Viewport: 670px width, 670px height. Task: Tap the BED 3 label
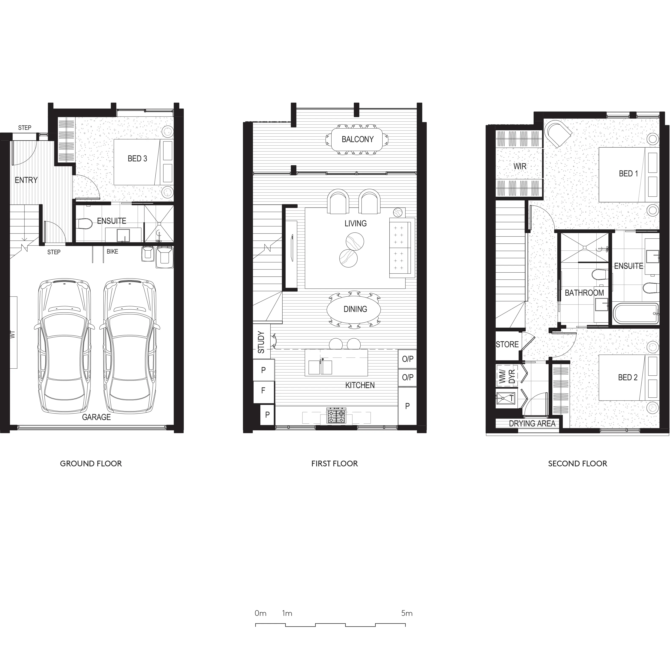(x=137, y=158)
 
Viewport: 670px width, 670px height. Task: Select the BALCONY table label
(x=358, y=139)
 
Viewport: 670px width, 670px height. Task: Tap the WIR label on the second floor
(x=519, y=166)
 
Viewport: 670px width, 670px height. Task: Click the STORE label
(x=507, y=344)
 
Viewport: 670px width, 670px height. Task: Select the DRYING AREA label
(x=532, y=423)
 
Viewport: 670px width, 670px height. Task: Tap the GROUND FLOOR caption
(x=91, y=464)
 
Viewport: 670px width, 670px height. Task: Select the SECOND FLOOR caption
(x=577, y=464)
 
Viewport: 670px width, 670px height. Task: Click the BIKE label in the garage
(x=112, y=251)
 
